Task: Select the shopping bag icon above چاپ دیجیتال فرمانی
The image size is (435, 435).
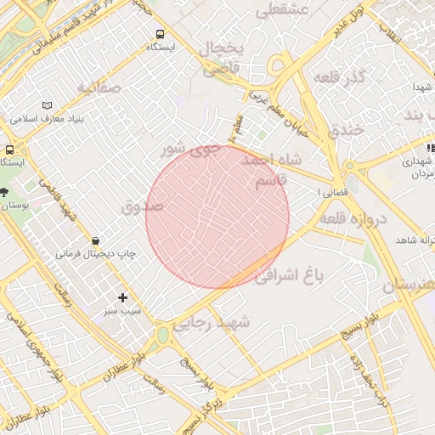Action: point(95,241)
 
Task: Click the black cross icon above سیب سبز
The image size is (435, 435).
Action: point(123,297)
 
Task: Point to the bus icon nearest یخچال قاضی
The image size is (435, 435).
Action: point(160,34)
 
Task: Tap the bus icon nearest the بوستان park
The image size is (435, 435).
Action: point(10,147)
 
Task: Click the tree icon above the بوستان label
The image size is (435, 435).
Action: point(4,192)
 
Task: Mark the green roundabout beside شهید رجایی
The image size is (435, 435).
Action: point(161,336)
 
